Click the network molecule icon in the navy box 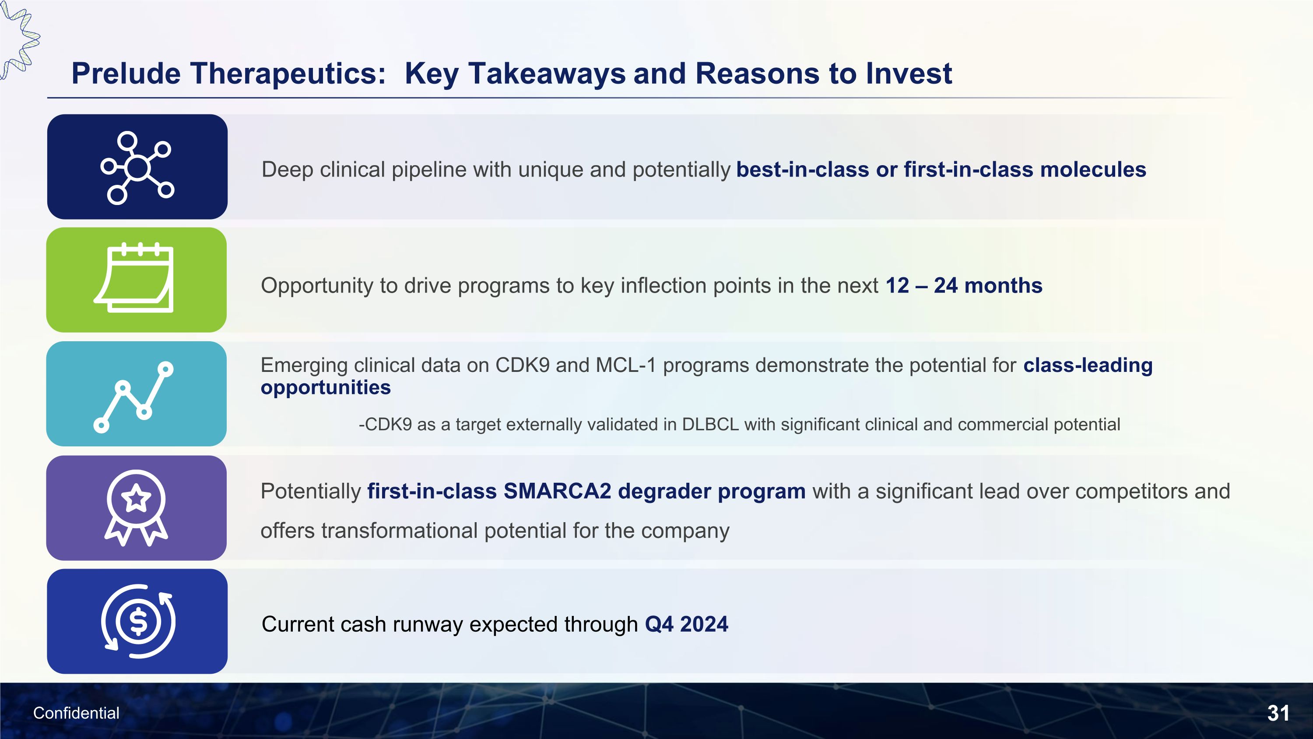137,167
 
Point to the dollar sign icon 138,621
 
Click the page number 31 1278,713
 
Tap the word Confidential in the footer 76,713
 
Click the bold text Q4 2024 686,624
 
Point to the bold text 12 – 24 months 963,286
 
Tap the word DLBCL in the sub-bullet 710,424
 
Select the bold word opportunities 325,388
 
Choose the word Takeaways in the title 546,74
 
